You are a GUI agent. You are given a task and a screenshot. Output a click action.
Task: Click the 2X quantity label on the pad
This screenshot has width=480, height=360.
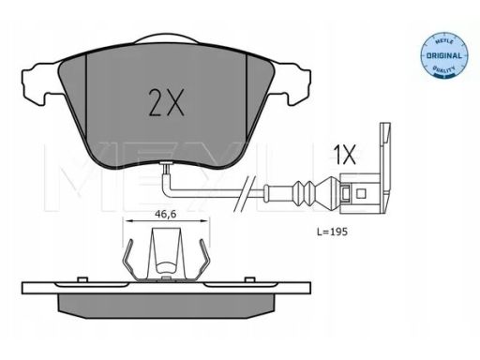[166, 103]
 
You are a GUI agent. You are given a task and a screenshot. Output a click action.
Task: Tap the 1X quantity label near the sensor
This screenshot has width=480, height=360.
[344, 155]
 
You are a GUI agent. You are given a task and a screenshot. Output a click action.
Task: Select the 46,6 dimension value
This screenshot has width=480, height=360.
[166, 214]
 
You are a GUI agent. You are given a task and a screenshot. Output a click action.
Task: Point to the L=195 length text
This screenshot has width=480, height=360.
[332, 232]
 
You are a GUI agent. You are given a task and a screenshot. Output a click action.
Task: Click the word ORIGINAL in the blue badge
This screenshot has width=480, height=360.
[444, 56]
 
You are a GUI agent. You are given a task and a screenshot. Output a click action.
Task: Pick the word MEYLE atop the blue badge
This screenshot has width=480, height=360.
[443, 42]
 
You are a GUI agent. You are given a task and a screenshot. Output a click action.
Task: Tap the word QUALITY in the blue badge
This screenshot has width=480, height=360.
[443, 68]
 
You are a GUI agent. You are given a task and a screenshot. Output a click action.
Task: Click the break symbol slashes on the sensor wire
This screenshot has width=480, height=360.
[245, 194]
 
